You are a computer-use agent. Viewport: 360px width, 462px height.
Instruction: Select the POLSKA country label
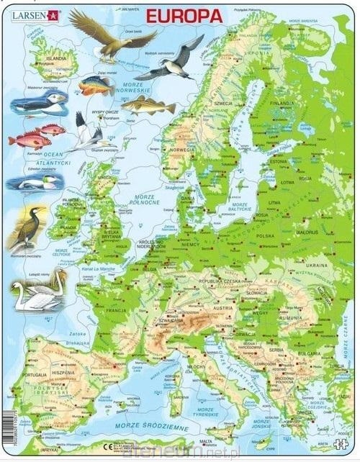pyautogui.click(x=266, y=235)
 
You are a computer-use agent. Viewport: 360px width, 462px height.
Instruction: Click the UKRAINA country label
pyautogui.click(x=320, y=267)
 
